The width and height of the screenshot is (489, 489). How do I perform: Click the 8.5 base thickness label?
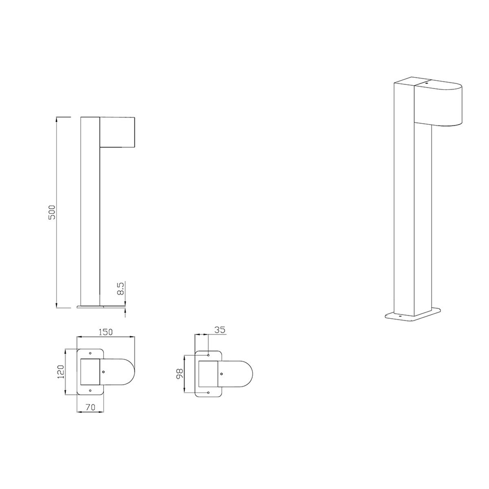[120, 289]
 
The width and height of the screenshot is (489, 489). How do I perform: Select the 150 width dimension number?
[105, 332]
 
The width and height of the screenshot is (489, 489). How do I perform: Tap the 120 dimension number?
[61, 372]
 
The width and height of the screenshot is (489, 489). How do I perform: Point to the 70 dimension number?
[90, 407]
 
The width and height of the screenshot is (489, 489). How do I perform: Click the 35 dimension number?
[220, 330]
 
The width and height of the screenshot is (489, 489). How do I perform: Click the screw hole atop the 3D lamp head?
[426, 83]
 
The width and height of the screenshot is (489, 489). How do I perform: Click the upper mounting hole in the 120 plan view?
[90, 353]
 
